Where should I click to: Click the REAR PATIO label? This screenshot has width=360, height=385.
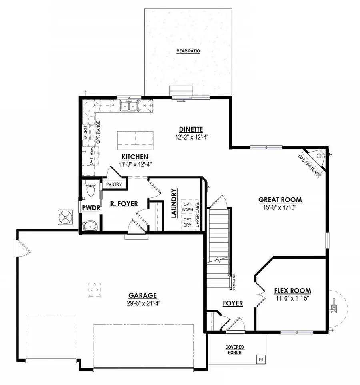pyautogui.click(x=188, y=51)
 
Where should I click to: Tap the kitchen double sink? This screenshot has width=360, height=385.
pyautogui.click(x=130, y=106)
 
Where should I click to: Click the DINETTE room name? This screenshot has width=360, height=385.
pyautogui.click(x=191, y=129)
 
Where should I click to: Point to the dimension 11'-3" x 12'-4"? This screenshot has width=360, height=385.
pyautogui.click(x=136, y=164)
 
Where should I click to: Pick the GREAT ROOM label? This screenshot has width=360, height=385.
pyautogui.click(x=280, y=200)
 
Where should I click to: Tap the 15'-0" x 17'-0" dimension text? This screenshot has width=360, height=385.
pyautogui.click(x=280, y=207)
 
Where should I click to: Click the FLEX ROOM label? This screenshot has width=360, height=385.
pyautogui.click(x=293, y=291)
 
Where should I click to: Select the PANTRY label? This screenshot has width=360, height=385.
pyautogui.click(x=114, y=185)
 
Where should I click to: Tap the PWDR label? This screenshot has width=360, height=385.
pyautogui.click(x=88, y=209)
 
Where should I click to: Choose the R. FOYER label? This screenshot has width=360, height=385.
pyautogui.click(x=124, y=204)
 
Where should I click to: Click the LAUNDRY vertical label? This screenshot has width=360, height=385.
pyautogui.click(x=174, y=203)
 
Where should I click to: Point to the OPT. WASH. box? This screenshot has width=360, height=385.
pyautogui.click(x=187, y=207)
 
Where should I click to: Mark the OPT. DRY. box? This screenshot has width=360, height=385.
pyautogui.click(x=187, y=223)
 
